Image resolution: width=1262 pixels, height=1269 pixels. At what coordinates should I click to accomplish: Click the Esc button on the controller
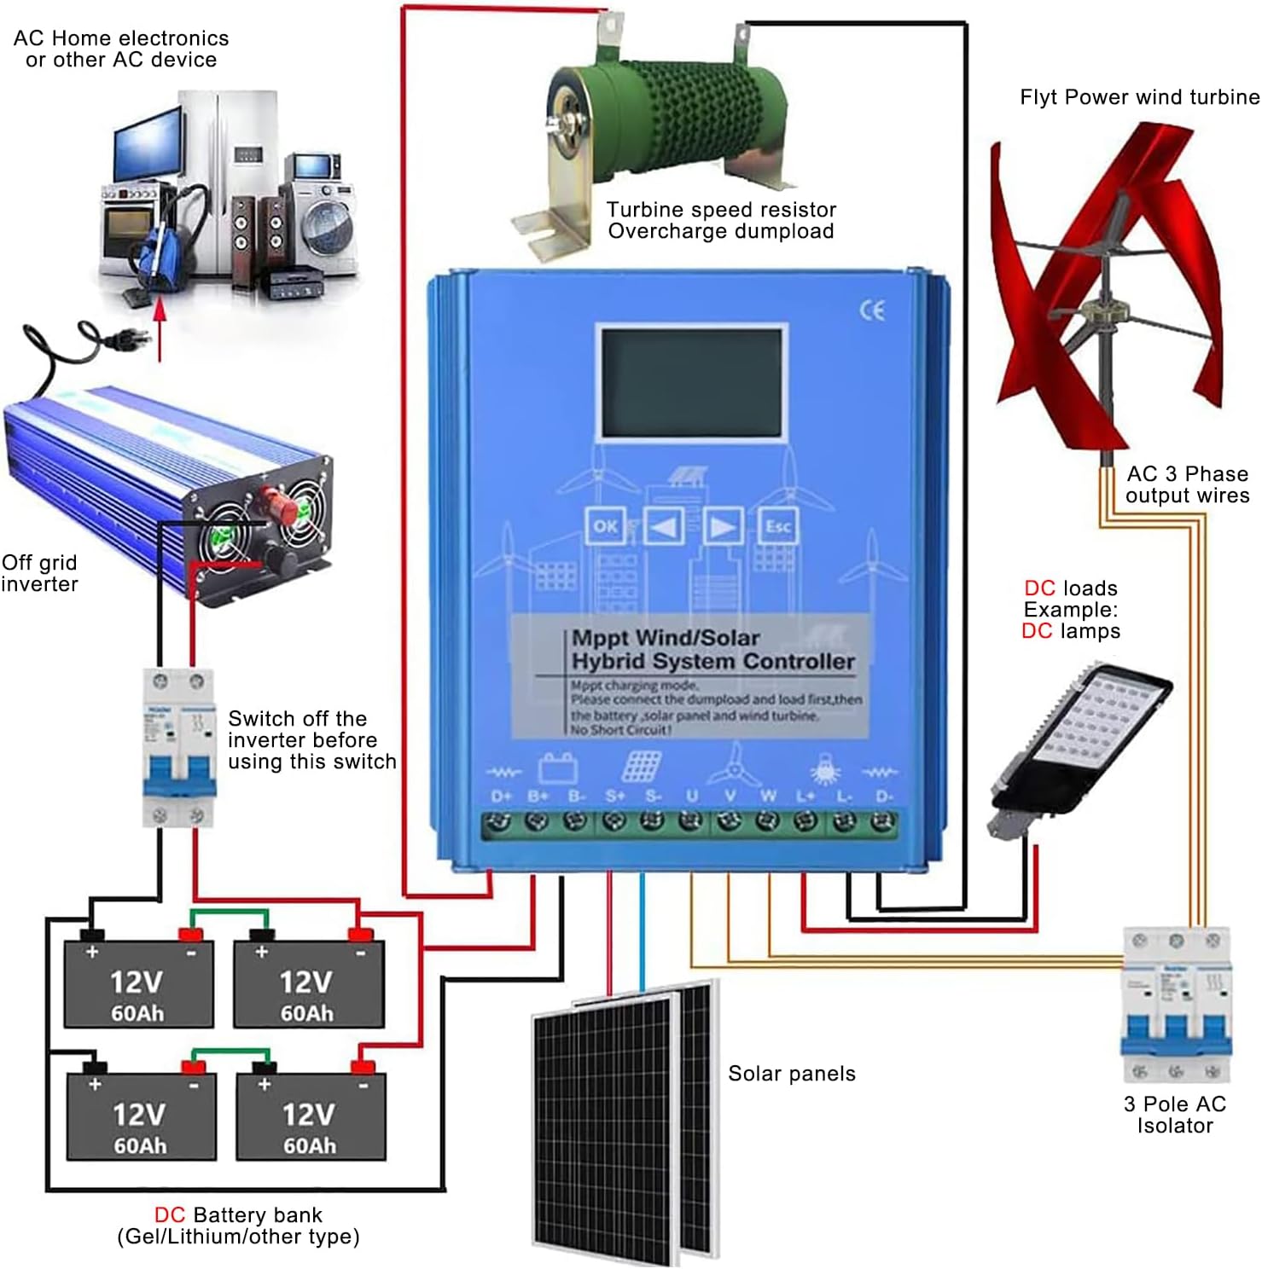(x=777, y=526)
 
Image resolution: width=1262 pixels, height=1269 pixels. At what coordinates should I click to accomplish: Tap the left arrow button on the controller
(x=663, y=526)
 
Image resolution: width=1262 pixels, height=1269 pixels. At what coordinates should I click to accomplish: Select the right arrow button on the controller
(x=722, y=526)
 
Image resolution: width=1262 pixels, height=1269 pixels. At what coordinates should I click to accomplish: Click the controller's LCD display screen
(x=690, y=384)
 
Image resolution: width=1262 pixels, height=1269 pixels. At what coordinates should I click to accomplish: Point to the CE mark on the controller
(x=872, y=311)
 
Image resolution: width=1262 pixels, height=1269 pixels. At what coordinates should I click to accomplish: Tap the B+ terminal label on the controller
(x=538, y=796)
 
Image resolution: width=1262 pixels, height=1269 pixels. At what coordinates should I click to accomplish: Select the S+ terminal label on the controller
(x=615, y=796)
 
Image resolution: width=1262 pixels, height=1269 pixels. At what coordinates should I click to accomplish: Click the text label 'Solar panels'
(x=791, y=1074)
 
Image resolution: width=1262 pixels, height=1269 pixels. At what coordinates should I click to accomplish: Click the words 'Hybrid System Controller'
(x=712, y=662)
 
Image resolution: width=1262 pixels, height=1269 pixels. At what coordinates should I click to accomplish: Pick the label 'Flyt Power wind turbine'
(x=1139, y=97)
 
